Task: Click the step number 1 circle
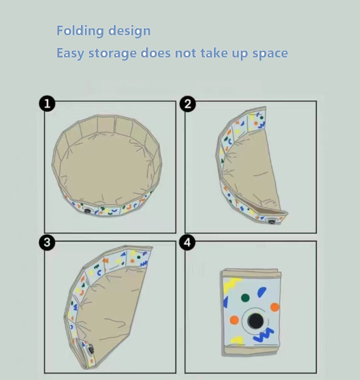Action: coord(47,104)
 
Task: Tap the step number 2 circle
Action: coord(188,104)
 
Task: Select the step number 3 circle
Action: coord(47,242)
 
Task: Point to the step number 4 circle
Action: coord(187,242)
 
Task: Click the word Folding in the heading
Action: coord(80,31)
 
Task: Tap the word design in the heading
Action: coord(129,31)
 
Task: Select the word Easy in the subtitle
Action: coord(70,53)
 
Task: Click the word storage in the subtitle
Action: coord(112,53)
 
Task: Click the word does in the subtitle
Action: coord(156,53)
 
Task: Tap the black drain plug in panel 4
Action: coord(255,321)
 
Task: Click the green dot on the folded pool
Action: coord(245,298)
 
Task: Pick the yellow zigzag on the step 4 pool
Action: coord(232,283)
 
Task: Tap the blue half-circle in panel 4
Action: coord(262,292)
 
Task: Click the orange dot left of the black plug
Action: coord(234,320)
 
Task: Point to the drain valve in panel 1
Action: coord(87,211)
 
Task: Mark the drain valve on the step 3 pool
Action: coord(90,349)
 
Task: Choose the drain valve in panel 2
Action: coord(272,221)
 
